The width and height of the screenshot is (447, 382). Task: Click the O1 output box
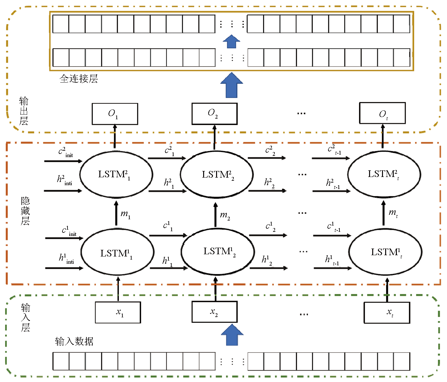(115, 114)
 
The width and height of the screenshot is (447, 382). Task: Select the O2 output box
(215, 114)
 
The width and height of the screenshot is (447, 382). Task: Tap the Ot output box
(382, 113)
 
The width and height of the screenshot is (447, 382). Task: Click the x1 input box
(118, 312)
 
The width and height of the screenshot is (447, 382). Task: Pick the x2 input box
(215, 312)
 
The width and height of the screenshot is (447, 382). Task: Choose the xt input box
(387, 313)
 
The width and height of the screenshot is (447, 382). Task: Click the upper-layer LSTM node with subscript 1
(116, 174)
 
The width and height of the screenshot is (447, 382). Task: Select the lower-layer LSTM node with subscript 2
(218, 252)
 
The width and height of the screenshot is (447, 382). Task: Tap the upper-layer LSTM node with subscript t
(384, 174)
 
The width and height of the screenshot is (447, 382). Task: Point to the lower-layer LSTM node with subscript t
(385, 252)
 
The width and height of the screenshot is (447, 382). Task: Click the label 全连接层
(79, 79)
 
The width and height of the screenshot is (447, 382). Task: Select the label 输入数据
(74, 341)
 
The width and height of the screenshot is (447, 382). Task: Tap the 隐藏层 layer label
(25, 211)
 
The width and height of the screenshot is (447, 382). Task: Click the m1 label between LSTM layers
(125, 215)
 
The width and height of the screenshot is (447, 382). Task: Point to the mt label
(393, 214)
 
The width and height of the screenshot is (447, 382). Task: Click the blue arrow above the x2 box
(232, 335)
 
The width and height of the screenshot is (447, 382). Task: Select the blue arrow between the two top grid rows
(232, 41)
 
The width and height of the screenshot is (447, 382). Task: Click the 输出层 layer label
(24, 111)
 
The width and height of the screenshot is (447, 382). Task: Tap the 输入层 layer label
(26, 317)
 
